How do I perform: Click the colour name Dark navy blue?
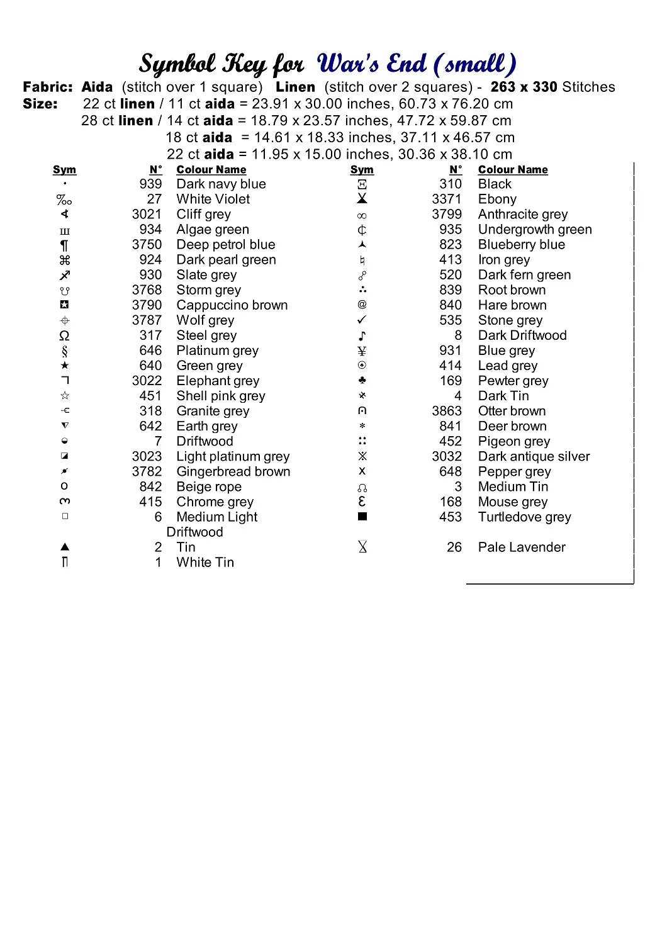click(221, 184)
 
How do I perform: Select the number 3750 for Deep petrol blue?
click(147, 244)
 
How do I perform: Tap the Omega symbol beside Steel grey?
click(64, 335)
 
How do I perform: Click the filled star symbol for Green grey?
click(64, 366)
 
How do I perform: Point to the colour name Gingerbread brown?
click(233, 471)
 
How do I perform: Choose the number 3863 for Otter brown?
click(447, 411)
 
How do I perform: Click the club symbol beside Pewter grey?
click(362, 380)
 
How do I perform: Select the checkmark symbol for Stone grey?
click(362, 320)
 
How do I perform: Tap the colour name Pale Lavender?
click(522, 547)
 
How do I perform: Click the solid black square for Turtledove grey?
click(362, 517)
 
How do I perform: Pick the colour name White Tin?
click(205, 562)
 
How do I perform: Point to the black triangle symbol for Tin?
click(64, 547)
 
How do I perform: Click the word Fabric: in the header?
click(48, 87)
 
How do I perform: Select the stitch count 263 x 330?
click(524, 87)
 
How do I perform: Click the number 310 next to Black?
click(451, 184)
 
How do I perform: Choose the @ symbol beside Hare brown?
click(362, 305)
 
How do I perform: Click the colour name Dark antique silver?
click(534, 456)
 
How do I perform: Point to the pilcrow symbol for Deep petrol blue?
click(64, 245)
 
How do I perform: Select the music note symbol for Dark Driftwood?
click(362, 335)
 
